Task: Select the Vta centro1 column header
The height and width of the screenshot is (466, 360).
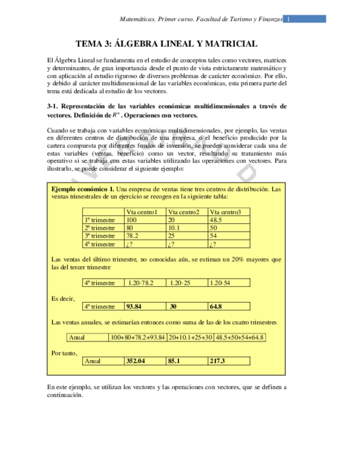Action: click(142, 212)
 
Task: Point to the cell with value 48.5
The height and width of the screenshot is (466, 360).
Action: click(218, 220)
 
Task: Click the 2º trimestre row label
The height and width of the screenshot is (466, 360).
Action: click(99, 228)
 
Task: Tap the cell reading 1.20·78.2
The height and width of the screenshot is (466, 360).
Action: click(140, 283)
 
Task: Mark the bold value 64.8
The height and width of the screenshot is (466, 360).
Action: click(216, 307)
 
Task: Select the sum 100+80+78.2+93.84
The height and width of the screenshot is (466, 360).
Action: click(138, 337)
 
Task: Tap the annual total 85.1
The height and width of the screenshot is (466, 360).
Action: click(175, 361)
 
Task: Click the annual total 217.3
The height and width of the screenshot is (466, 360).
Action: click(218, 361)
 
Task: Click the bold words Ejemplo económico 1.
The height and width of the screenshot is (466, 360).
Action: click(82, 188)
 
